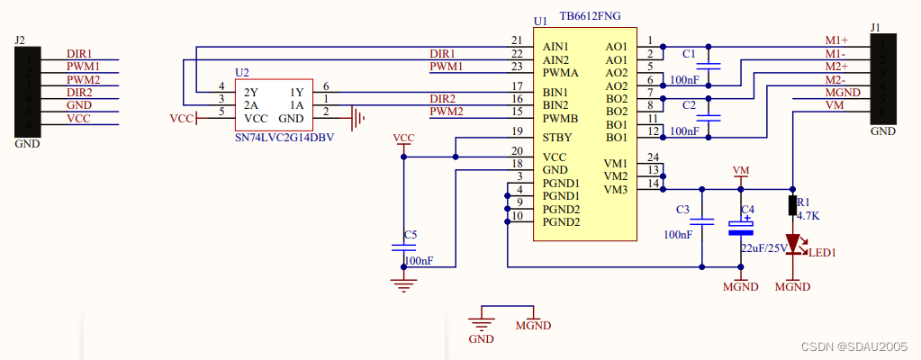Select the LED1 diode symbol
click(x=793, y=244)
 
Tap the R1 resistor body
click(x=793, y=205)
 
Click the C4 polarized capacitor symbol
click(x=741, y=228)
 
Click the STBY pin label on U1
click(x=556, y=138)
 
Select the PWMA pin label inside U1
click(x=561, y=73)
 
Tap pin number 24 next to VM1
click(x=653, y=157)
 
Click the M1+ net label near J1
click(x=836, y=40)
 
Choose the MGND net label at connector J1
click(x=843, y=92)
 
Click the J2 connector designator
click(x=20, y=40)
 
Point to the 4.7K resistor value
click(x=808, y=216)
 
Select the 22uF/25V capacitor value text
click(x=763, y=247)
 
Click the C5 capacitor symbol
click(x=403, y=247)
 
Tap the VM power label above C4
click(x=741, y=170)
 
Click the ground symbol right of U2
click(x=357, y=118)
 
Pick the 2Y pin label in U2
click(x=251, y=92)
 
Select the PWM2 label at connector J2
click(x=83, y=79)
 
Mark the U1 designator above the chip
click(x=540, y=21)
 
